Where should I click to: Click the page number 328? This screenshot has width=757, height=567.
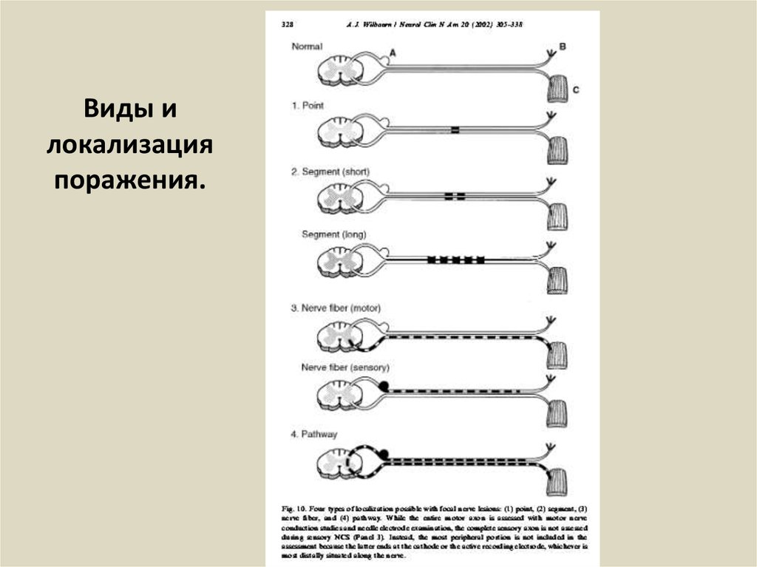tap(288, 24)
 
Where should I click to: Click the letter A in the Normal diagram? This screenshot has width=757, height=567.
tap(392, 52)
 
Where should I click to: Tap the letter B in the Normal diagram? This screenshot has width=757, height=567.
tap(562, 47)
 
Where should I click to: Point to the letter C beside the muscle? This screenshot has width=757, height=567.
tap(575, 90)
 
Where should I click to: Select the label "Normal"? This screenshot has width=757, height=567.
tap(307, 47)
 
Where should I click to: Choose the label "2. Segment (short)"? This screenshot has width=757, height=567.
tap(330, 172)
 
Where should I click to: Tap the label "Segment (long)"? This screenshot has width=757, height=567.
tap(333, 234)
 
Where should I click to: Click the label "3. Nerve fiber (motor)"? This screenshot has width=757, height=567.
tap(335, 308)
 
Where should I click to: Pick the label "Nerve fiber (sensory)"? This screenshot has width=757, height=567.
tap(345, 367)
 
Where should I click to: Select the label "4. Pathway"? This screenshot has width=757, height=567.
tap(313, 434)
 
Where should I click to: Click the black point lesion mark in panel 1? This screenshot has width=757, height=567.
tap(455, 131)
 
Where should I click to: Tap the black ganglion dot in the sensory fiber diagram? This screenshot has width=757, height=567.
tap(384, 384)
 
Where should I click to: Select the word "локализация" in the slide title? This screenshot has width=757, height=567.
tap(129, 144)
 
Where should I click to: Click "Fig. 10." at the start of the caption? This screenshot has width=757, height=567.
tap(294, 509)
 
